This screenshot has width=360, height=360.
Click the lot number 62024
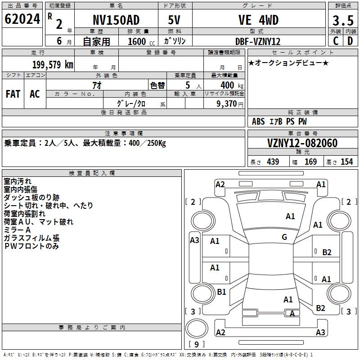pyautogui.click(x=22, y=19)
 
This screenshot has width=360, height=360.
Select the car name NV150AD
pyautogui.click(x=116, y=20)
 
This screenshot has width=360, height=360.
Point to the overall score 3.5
pyautogui.click(x=342, y=21)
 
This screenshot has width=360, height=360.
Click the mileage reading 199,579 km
pyautogui.click(x=53, y=65)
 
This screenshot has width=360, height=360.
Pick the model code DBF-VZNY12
pyautogui.click(x=258, y=41)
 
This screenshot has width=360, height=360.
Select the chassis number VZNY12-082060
pyautogui.click(x=302, y=143)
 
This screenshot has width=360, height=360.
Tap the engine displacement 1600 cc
pyautogui.click(x=137, y=41)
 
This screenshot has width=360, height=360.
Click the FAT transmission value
pyautogui.click(x=13, y=94)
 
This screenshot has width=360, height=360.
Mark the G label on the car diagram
pyautogui.click(x=284, y=237)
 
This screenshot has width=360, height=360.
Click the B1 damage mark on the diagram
pyautogui.click(x=221, y=292)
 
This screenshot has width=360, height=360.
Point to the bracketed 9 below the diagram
pyautogui.click(x=197, y=344)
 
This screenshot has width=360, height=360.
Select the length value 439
pyautogui.click(x=273, y=162)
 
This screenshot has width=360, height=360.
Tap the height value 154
pyautogui.click(x=346, y=162)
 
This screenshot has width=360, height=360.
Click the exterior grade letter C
pyautogui.click(x=335, y=41)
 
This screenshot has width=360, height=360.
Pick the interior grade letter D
pyautogui.click(x=350, y=41)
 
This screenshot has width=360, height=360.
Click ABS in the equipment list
pyautogui.click(x=258, y=121)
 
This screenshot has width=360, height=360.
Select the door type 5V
pyautogui.click(x=174, y=20)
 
